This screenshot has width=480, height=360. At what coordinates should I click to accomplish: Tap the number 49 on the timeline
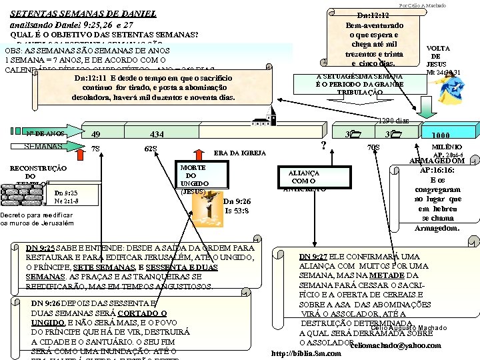click(x=95, y=134)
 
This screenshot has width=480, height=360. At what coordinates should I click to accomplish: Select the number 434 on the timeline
click(x=157, y=134)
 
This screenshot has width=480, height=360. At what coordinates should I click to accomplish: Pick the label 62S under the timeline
click(x=151, y=148)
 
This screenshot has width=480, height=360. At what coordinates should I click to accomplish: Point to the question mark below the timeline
click(x=323, y=145)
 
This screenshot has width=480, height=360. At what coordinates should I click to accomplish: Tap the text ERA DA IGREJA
click(x=239, y=153)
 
